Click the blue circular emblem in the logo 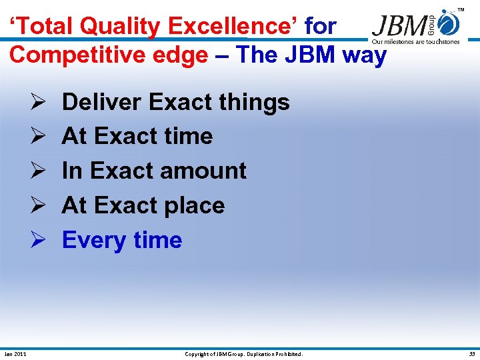point(450,25)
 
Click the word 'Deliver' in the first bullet point(101,102)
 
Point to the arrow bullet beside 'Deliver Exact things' point(37,102)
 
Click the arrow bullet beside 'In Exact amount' point(37,171)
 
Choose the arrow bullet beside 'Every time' point(37,240)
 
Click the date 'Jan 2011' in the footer point(15,354)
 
